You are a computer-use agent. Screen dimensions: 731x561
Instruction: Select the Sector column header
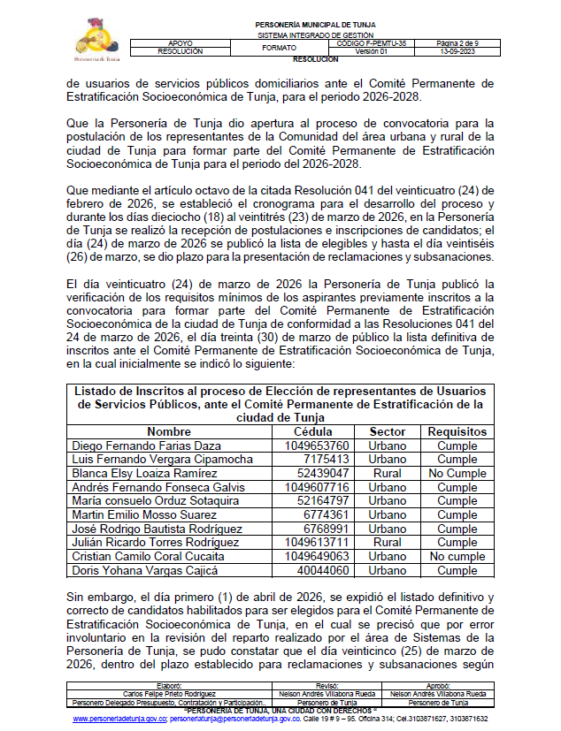pos(388,431)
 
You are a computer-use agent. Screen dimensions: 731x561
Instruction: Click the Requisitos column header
pos(457,431)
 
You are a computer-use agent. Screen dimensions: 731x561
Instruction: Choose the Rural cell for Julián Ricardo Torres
pos(388,542)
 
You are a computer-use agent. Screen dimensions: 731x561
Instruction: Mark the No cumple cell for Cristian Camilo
pos(457,556)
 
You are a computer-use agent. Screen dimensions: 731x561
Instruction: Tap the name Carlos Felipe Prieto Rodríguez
pos(168,694)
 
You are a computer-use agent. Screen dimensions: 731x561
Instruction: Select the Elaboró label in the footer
pos(168,687)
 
